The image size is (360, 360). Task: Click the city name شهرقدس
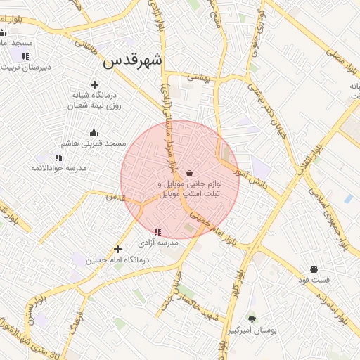coord(132,61)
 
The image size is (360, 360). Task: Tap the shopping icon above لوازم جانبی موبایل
coord(190,173)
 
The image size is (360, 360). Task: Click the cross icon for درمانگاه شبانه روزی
coord(95,84)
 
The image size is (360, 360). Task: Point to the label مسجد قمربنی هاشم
coord(94,143)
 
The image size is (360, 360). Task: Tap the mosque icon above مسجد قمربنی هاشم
coord(94,132)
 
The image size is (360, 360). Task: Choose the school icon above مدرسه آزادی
coord(157,231)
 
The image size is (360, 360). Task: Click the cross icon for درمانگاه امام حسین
coord(117,249)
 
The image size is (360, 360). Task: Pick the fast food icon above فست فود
coord(313,269)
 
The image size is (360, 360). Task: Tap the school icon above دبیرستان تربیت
coord(25,57)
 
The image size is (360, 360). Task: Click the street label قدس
coord(115,198)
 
